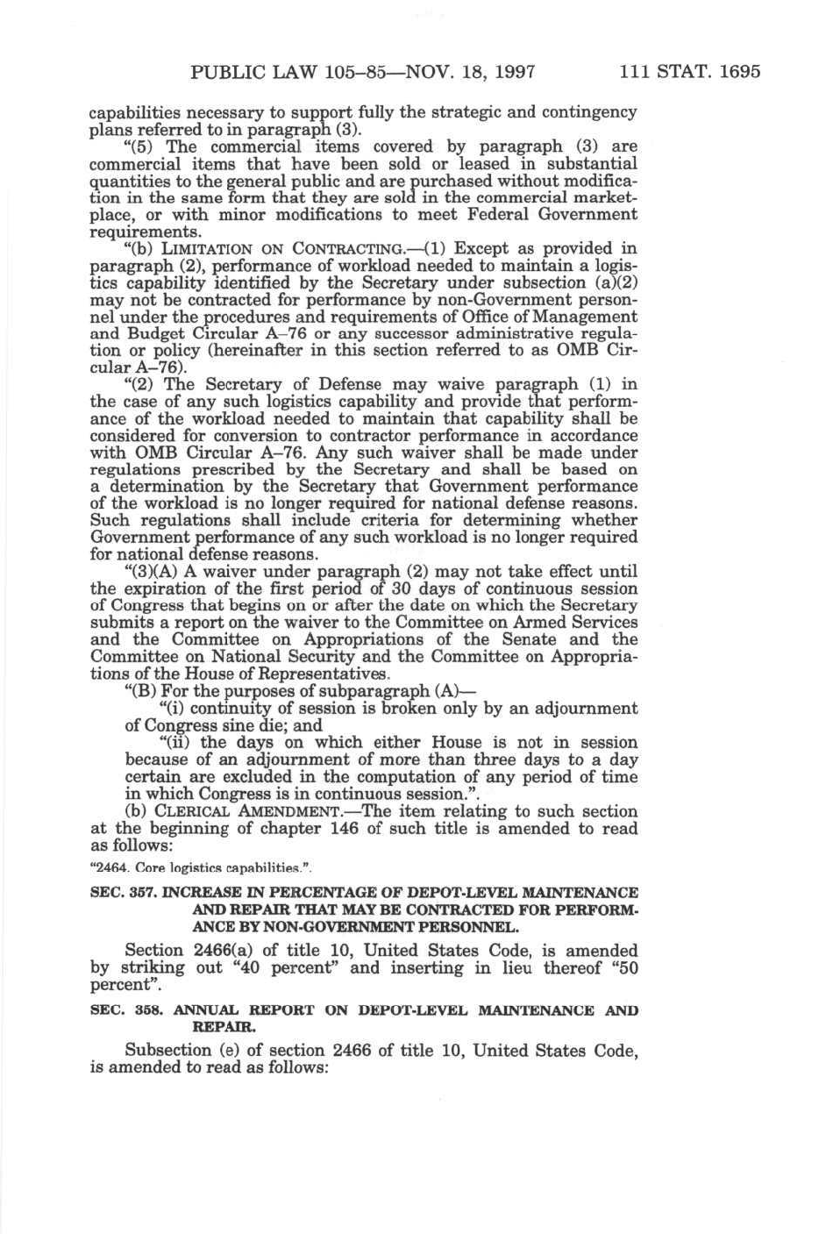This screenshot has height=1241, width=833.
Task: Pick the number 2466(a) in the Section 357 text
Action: [226, 951]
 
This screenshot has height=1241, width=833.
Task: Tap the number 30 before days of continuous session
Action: [352, 590]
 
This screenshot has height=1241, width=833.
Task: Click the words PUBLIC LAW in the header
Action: [239, 71]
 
